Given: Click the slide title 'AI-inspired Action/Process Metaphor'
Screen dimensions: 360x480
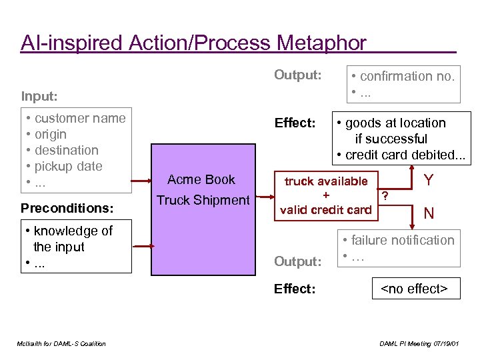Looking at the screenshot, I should [193, 43].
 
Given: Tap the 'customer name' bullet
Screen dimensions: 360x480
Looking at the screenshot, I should [79, 118].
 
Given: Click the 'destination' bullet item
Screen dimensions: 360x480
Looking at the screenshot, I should [66, 150].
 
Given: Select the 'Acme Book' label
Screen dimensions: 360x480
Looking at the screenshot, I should [201, 179].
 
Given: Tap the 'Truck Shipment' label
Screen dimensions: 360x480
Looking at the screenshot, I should [203, 200].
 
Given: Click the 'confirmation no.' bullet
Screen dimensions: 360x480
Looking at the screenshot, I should [407, 76].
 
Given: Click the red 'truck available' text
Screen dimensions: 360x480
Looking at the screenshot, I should [326, 181].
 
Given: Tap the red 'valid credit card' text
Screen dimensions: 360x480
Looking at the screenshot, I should [326, 209].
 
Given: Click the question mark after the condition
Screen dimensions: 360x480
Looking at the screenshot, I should [385, 195].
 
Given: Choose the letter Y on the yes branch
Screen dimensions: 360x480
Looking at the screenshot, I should [429, 181].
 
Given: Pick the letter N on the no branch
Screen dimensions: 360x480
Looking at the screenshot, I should [429, 213].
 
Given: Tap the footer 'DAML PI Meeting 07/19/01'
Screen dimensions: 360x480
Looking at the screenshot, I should [419, 343].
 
